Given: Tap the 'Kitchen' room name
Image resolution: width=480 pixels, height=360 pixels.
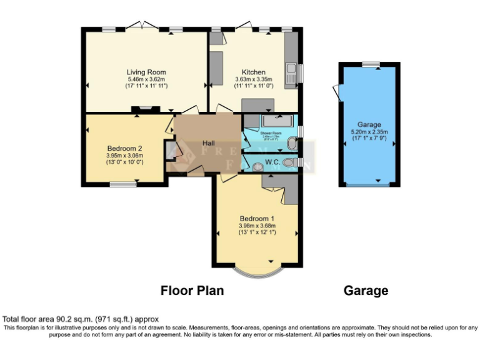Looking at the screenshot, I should (x=254, y=72).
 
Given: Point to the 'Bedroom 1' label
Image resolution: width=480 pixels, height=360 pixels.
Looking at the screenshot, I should (x=257, y=218).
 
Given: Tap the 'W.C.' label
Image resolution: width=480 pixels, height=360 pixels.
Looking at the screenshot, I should (x=272, y=162).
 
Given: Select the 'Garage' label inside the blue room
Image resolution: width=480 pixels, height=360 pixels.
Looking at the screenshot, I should (x=369, y=125).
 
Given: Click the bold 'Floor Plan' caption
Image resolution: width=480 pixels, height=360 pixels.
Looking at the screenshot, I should (x=192, y=291).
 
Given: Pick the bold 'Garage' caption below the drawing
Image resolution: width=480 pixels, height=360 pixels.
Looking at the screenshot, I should (x=366, y=291).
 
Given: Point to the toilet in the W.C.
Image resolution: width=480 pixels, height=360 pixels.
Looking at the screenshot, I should (x=289, y=162).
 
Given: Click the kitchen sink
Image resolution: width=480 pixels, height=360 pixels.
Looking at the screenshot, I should (x=291, y=69).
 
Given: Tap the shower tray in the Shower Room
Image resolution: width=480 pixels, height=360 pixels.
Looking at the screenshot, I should (x=272, y=121).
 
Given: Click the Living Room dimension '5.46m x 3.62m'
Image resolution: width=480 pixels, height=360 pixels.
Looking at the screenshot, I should (x=146, y=79).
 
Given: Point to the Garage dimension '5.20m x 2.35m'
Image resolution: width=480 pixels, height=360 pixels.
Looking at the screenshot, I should (x=369, y=132).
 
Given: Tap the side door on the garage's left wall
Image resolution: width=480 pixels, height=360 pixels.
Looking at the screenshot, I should (x=338, y=92).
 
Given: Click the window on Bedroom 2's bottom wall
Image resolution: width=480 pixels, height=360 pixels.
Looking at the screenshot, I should (x=123, y=184).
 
